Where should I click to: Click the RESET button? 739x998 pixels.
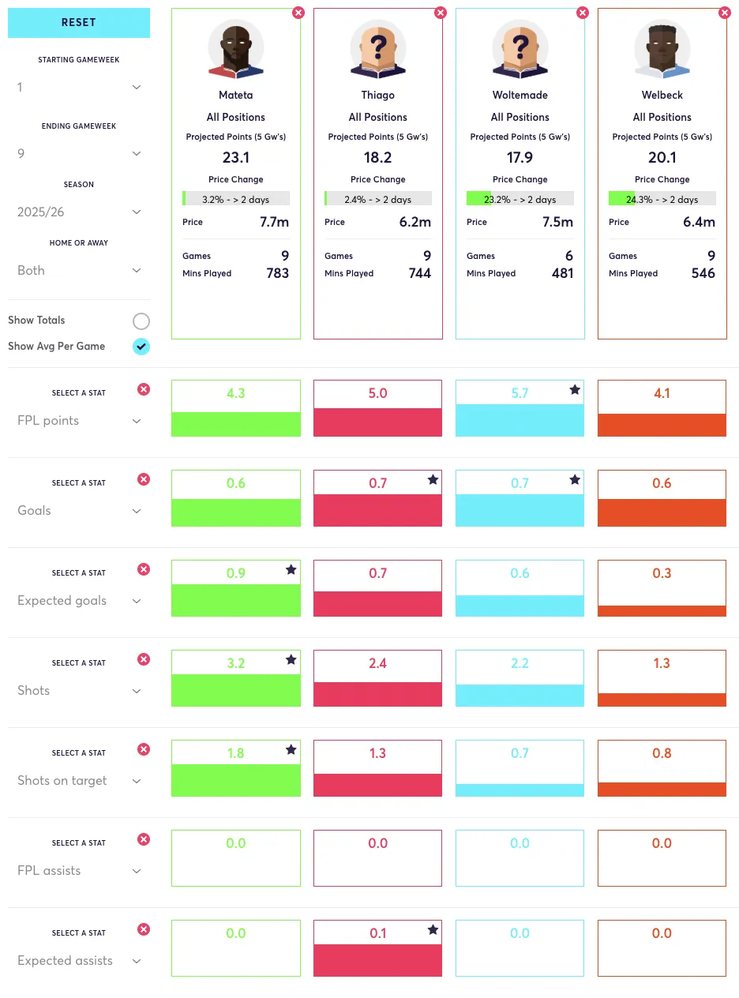pyautogui.click(x=79, y=23)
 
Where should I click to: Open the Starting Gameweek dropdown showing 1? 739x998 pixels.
pyautogui.click(x=79, y=88)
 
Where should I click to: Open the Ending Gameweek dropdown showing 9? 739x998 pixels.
pyautogui.click(x=79, y=154)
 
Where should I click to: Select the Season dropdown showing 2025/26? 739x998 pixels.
pyautogui.click(x=79, y=212)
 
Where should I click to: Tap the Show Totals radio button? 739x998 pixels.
pyautogui.click(x=141, y=321)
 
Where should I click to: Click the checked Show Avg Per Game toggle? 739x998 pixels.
pyautogui.click(x=141, y=346)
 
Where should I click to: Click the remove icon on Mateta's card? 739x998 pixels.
pyautogui.click(x=298, y=13)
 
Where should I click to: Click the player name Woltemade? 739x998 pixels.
pyautogui.click(x=520, y=95)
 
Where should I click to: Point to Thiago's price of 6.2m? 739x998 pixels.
pyautogui.click(x=415, y=222)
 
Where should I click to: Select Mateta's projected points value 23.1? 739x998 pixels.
pyautogui.click(x=236, y=157)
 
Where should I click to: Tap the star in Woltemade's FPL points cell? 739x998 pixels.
pyautogui.click(x=575, y=390)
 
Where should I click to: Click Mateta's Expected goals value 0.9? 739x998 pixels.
pyautogui.click(x=236, y=572)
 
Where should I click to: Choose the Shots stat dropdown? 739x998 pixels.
pyautogui.click(x=79, y=691)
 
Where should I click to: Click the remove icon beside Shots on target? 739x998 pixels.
pyautogui.click(x=144, y=749)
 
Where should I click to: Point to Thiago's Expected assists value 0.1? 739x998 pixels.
pyautogui.click(x=377, y=933)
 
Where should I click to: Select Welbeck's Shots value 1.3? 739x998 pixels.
pyautogui.click(x=662, y=663)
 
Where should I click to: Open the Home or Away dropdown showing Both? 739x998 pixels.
pyautogui.click(x=79, y=271)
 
